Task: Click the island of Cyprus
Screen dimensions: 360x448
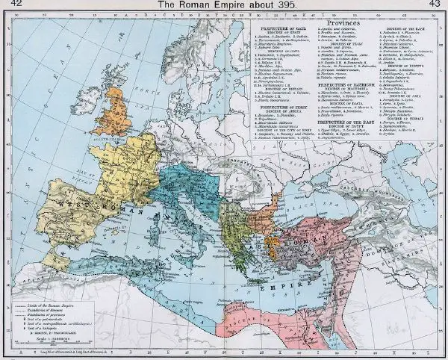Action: click(329, 271)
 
